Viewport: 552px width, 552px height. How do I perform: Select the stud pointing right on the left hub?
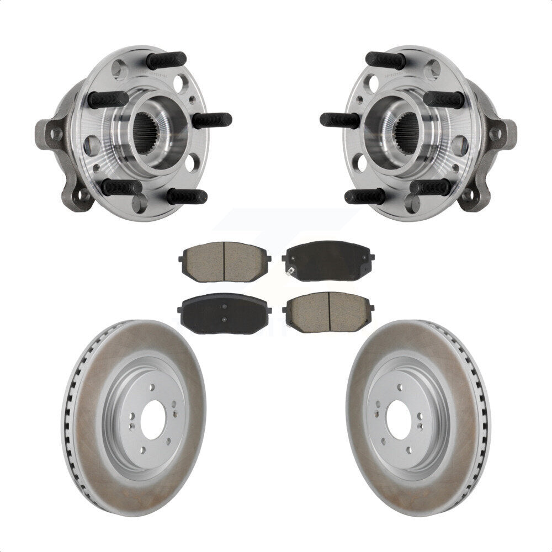tap(212, 120)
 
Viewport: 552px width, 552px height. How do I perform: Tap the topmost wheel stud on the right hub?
tap(385, 60)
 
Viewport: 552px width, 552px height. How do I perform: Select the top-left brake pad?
tap(224, 262)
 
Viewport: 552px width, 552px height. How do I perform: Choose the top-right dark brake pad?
tap(328, 261)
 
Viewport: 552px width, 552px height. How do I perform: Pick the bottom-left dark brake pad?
tap(224, 313)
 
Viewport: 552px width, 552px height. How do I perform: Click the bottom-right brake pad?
tap(328, 312)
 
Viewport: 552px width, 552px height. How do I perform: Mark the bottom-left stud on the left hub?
tap(121, 188)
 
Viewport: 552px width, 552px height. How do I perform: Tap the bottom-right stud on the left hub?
tap(187, 196)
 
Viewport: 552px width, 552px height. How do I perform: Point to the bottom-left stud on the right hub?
tap(365, 196)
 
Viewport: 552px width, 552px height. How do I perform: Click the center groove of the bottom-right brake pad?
tap(330, 312)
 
